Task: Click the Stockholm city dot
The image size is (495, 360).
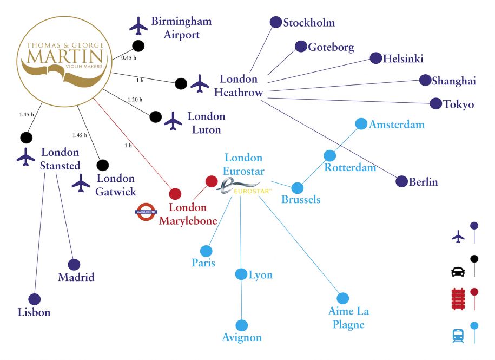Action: click(x=275, y=22)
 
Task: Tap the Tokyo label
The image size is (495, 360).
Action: click(x=459, y=104)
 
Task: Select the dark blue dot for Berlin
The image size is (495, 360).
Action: click(x=401, y=181)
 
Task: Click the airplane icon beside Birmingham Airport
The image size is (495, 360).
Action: click(x=138, y=25)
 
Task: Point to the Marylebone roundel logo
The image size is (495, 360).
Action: click(x=146, y=212)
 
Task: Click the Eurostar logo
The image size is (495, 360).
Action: click(x=243, y=186)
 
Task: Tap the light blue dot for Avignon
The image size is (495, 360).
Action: click(x=242, y=325)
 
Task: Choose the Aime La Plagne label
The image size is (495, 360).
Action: click(x=348, y=318)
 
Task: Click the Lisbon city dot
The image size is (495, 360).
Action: click(x=35, y=299)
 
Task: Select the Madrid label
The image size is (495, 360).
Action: click(x=76, y=277)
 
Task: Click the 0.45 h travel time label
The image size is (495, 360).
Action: click(x=129, y=58)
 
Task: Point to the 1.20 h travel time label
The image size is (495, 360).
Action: click(x=135, y=100)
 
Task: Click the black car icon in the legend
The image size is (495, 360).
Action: click(x=458, y=272)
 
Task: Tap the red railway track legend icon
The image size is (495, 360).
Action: click(x=458, y=298)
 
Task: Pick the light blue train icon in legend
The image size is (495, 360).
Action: click(x=458, y=336)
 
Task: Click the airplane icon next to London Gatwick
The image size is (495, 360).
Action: click(x=81, y=183)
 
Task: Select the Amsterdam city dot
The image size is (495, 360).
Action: click(x=361, y=124)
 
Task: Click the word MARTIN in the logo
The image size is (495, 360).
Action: click(x=65, y=57)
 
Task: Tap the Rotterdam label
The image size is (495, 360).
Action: click(x=351, y=167)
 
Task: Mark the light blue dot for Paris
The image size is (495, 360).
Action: click(x=206, y=251)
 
